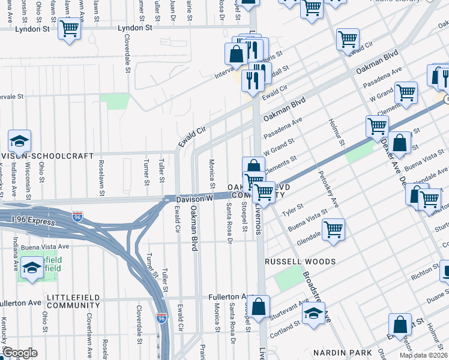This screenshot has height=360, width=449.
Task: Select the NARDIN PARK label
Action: pos(339,352)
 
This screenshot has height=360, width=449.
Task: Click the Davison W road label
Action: pos(194,197)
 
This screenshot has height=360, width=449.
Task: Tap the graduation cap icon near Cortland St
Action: pos(313,314)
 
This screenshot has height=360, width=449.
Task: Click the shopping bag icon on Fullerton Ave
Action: pos(259,307)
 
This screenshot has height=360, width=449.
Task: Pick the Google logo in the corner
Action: pos(19,353)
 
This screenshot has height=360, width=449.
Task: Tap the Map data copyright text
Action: pos(423,355)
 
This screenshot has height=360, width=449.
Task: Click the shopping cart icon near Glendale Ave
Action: pos(333,229)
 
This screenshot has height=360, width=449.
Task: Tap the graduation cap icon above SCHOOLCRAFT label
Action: pos(19,142)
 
